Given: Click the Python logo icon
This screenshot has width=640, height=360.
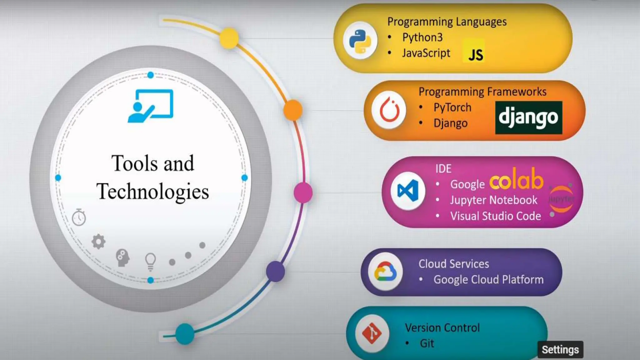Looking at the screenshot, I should coord(360,41).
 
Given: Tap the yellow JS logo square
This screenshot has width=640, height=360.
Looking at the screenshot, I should coord(473,51).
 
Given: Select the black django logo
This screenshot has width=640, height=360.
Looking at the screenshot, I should coord(528,117).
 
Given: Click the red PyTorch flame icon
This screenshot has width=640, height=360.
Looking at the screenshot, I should coord(389,110).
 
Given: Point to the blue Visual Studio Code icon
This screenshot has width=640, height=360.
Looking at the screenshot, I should coord(408,191).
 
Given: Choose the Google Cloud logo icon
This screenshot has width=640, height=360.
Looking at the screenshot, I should coord(385,271).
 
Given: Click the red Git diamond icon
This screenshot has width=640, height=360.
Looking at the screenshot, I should coord(372,333).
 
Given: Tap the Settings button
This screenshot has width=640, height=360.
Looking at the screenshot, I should coord(560,350).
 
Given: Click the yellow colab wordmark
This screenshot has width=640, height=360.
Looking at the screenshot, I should coord(516,180).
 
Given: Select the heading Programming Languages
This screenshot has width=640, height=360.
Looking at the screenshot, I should coord(447,22).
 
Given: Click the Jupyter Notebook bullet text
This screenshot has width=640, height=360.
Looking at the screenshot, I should coord(493,200).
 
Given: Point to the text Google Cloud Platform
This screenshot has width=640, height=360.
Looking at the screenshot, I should coord(488,279).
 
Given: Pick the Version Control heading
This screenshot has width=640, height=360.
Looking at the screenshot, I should coord(442,327).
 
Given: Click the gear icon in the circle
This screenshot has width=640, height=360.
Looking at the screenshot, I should coord(98,241).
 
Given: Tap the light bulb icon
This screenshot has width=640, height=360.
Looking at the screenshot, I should coord(150,261).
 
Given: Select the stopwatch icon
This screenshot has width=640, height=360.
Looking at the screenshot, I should coord(79,217).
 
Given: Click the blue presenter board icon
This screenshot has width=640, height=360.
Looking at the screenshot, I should coord(151,106).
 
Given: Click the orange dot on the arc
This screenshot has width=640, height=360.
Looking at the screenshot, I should coord(293,110).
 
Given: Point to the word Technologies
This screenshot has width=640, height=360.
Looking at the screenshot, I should coord(152,191).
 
